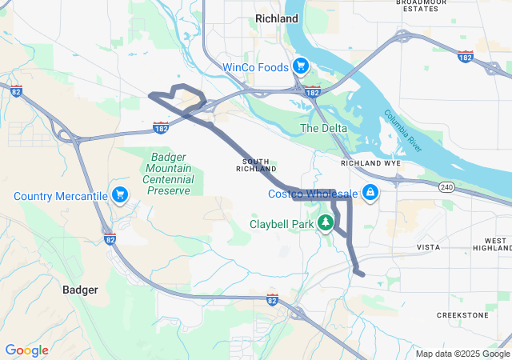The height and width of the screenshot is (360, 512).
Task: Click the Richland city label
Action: (276, 18)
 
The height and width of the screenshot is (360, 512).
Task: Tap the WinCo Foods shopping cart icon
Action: (300, 66)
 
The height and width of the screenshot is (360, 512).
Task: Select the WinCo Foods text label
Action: (255, 67)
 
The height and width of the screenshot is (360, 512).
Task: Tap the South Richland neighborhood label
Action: (257, 166)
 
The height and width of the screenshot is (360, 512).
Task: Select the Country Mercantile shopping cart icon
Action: (120, 195)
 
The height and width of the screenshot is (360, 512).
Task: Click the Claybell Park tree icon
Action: (326, 221)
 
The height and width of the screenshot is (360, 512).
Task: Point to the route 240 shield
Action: (446, 187)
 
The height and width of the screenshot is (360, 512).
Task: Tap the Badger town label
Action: (80, 290)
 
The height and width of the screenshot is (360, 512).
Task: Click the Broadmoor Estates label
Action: (421, 6)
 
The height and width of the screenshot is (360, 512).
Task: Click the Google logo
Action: (27, 350)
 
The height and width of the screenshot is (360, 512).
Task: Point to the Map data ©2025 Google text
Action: (462, 354)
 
